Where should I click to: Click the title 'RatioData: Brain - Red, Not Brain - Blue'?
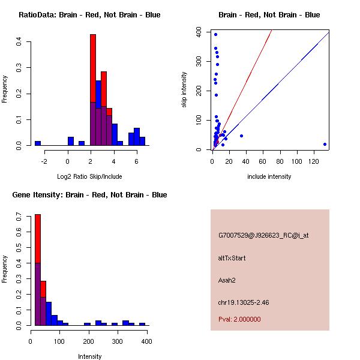pyautogui.click(x=89, y=15)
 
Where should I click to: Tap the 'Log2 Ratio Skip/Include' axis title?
pyautogui.click(x=89, y=177)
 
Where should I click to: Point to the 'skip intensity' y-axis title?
pyautogui.click(x=184, y=90)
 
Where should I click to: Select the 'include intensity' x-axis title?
pyautogui.click(x=269, y=177)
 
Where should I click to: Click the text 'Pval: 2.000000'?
pyautogui.click(x=239, y=319)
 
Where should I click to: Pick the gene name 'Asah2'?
pyautogui.click(x=227, y=280)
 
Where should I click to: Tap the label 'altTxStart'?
pyautogui.click(x=232, y=258)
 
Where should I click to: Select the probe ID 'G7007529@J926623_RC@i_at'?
pyautogui.click(x=263, y=235)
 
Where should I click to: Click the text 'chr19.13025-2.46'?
pyautogui.click(x=244, y=302)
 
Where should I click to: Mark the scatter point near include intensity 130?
pyautogui.click(x=325, y=144)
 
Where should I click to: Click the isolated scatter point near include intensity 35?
pyautogui.click(x=241, y=136)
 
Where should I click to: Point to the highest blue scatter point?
pyautogui.click(x=215, y=34)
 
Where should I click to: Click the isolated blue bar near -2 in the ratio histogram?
pyautogui.click(x=38, y=143)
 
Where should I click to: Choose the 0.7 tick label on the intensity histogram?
pyautogui.click(x=22, y=215)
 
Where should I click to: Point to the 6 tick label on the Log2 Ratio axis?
pyautogui.click(x=136, y=161)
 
